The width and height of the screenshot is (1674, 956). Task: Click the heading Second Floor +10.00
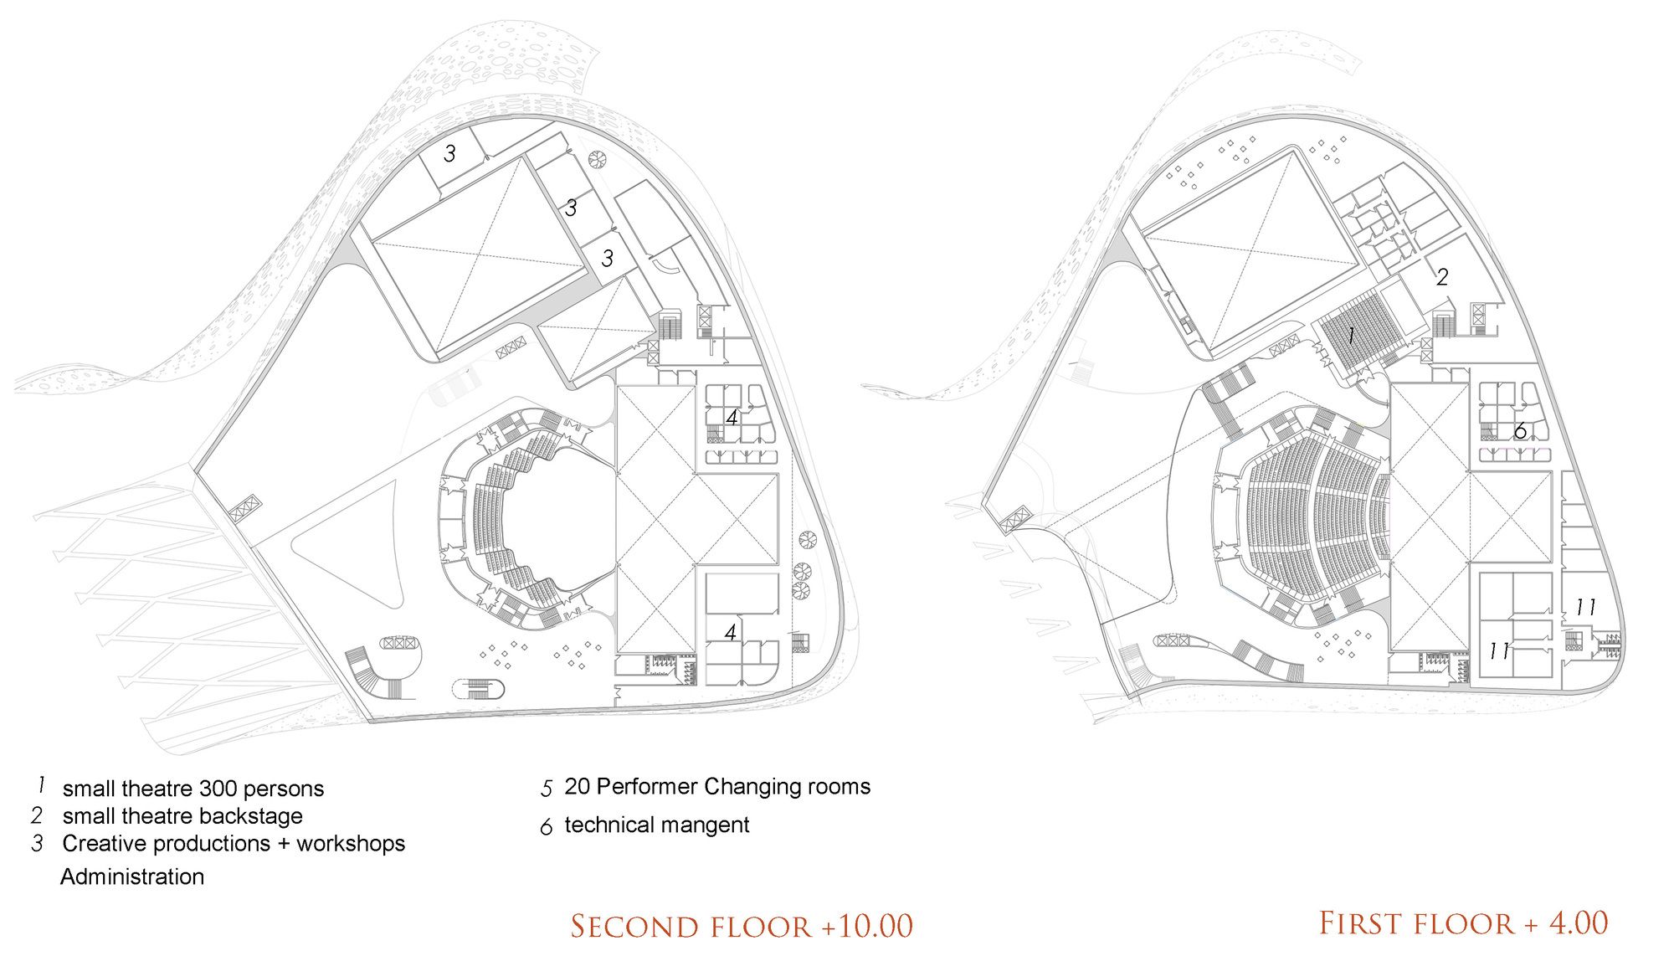[742, 926]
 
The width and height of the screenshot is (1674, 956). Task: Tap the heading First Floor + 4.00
[1464, 923]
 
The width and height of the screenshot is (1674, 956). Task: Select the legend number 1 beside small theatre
[40, 785]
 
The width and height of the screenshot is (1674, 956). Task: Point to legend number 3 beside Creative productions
[38, 843]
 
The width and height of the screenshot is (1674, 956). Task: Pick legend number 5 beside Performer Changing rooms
[547, 789]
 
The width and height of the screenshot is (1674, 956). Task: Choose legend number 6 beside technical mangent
[547, 827]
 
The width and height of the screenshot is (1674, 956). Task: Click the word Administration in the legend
[132, 876]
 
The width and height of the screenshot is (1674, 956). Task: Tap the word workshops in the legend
[351, 843]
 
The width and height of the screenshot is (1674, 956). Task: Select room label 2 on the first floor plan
[1442, 277]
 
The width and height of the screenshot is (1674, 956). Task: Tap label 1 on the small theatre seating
[1351, 336]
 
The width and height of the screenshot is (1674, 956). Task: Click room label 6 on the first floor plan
[1520, 431]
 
